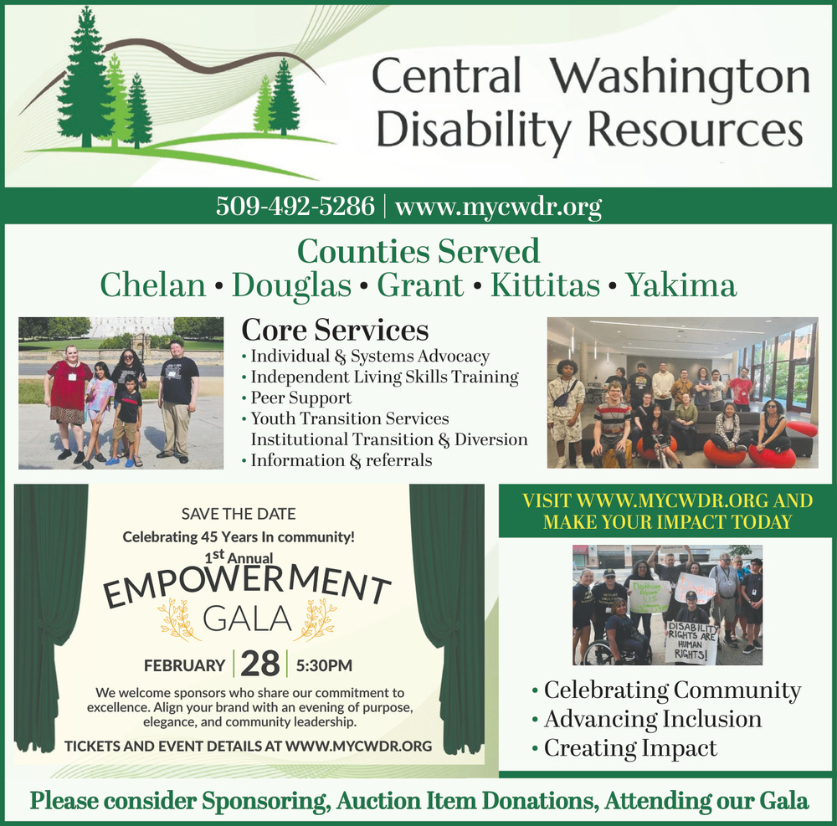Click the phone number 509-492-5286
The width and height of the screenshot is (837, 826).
point(295,206)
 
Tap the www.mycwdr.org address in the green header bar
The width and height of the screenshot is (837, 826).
point(499,207)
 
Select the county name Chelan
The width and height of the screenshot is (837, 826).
point(152,285)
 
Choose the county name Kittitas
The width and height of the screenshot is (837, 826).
point(545,285)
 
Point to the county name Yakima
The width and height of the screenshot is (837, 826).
point(680,285)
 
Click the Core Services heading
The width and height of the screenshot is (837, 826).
point(335,330)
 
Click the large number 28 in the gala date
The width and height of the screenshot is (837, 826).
point(260,664)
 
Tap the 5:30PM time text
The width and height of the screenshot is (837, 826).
point(324,665)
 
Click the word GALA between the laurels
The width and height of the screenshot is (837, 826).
point(247,619)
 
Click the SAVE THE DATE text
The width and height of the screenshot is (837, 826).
point(238,514)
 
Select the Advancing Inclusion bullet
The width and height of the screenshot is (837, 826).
point(647,719)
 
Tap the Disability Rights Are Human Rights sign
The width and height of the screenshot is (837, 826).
point(692,642)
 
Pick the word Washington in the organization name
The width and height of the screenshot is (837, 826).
point(680,76)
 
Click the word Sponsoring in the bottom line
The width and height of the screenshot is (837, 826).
point(264,801)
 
